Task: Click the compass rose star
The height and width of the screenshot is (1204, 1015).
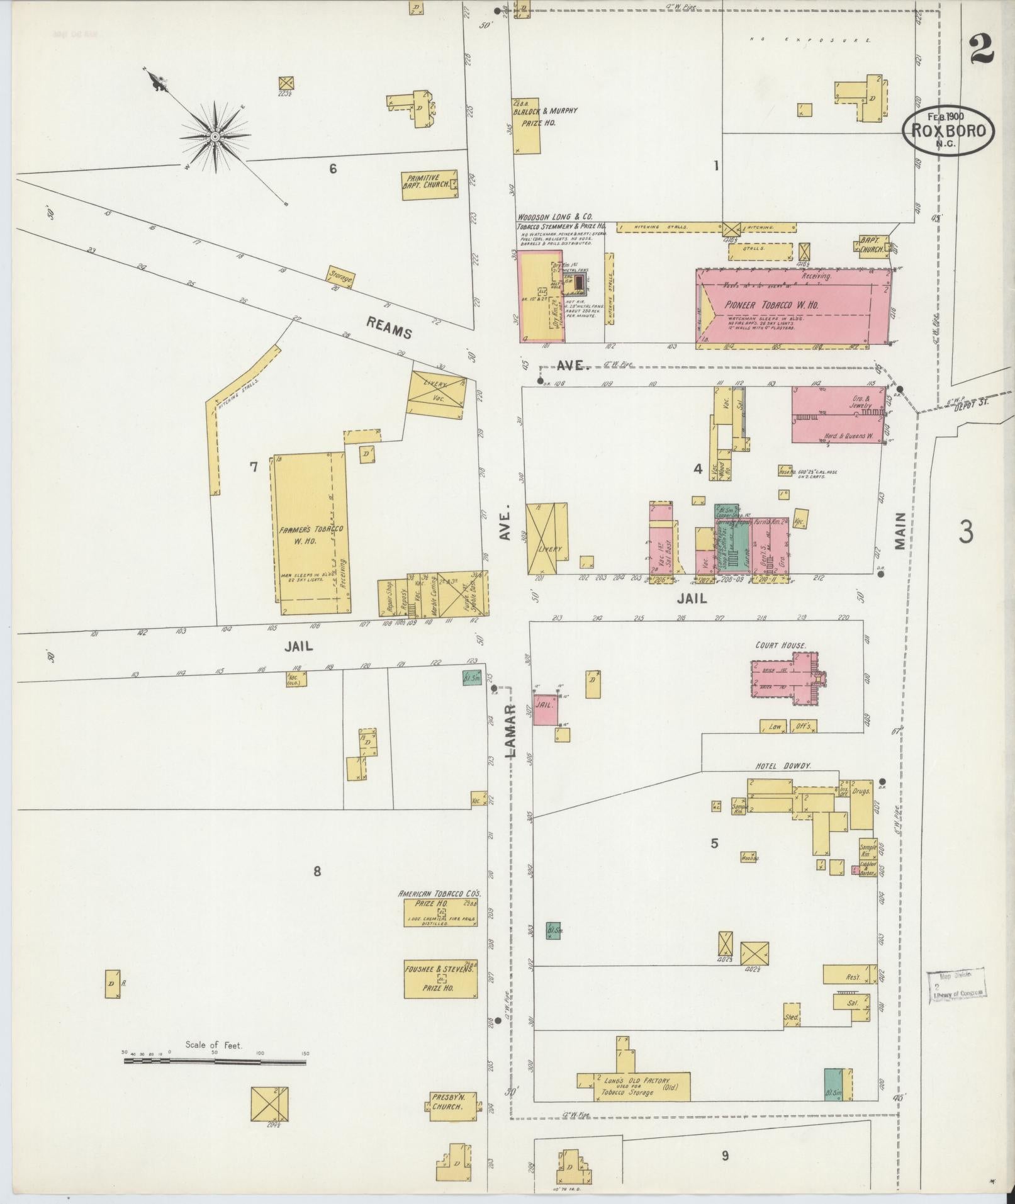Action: click(x=215, y=137)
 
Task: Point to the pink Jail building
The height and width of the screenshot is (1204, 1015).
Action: click(x=545, y=709)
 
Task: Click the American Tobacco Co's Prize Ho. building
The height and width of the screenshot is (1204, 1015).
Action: click(x=440, y=912)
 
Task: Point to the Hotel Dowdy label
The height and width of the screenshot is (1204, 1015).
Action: click(x=783, y=765)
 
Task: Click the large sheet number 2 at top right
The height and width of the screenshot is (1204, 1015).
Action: click(x=981, y=50)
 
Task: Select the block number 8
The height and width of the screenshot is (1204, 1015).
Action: click(x=317, y=871)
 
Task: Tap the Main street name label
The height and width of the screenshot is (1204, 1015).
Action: click(x=899, y=530)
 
